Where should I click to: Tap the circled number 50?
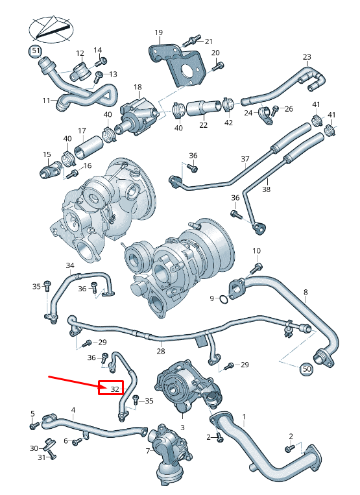307,368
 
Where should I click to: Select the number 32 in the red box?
114,389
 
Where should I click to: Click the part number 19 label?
158,32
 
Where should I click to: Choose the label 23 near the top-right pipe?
307,58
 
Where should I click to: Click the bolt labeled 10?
258,266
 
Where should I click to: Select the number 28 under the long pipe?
160,351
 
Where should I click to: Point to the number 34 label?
70,265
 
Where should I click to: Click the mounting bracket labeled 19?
178,65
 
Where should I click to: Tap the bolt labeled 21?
193,40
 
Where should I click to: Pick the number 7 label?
148,450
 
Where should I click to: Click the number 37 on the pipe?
245,159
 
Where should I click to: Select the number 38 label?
265,190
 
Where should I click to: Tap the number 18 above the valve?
138,87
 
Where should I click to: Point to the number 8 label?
306,292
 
